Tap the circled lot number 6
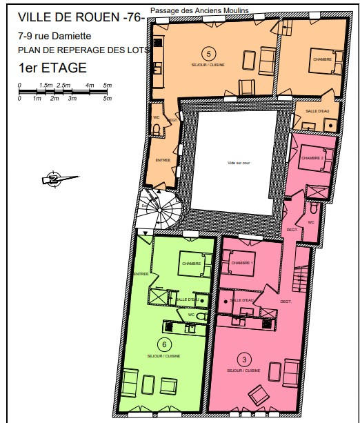coord(163,345)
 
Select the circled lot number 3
coord(243,359)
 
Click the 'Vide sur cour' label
coord(236,163)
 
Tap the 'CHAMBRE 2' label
coord(312,159)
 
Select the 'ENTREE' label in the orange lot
coord(163,160)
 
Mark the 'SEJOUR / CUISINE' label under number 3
coord(243,371)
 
